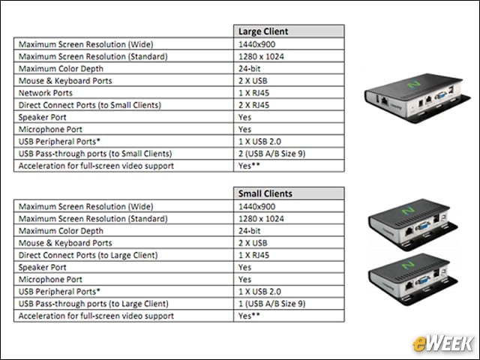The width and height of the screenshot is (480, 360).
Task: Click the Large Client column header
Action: click(263, 31)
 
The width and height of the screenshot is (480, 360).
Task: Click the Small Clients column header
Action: click(265, 193)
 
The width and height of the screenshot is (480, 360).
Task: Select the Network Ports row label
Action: click(46, 93)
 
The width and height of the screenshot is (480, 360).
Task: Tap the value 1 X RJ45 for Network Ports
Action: click(253, 93)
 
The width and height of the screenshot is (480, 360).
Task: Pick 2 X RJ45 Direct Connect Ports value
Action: click(253, 105)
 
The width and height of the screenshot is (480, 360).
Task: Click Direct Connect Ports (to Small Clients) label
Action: click(90, 105)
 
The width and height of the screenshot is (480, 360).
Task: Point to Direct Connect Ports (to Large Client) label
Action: click(88, 255)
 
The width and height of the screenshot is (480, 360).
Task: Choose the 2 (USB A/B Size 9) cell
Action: click(271, 154)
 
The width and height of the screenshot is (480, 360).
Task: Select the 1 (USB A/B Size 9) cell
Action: click(271, 304)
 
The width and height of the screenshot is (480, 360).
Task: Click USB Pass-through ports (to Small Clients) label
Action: click(95, 154)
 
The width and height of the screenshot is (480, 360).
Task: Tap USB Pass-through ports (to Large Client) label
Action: click(93, 304)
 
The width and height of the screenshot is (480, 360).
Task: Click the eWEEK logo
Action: click(442, 343)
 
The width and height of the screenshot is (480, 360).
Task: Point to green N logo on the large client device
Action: click(414, 84)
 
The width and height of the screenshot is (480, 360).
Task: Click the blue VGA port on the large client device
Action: click(440, 96)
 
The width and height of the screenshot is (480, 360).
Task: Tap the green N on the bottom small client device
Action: click(408, 265)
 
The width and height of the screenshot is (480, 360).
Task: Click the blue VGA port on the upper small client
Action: click(422, 226)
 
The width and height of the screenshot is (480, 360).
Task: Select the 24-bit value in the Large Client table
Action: click(249, 69)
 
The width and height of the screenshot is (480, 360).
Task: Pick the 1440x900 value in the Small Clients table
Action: click(256, 207)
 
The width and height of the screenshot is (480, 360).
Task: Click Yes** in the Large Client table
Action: click(249, 166)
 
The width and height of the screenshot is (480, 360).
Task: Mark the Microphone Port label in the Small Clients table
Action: click(50, 280)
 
